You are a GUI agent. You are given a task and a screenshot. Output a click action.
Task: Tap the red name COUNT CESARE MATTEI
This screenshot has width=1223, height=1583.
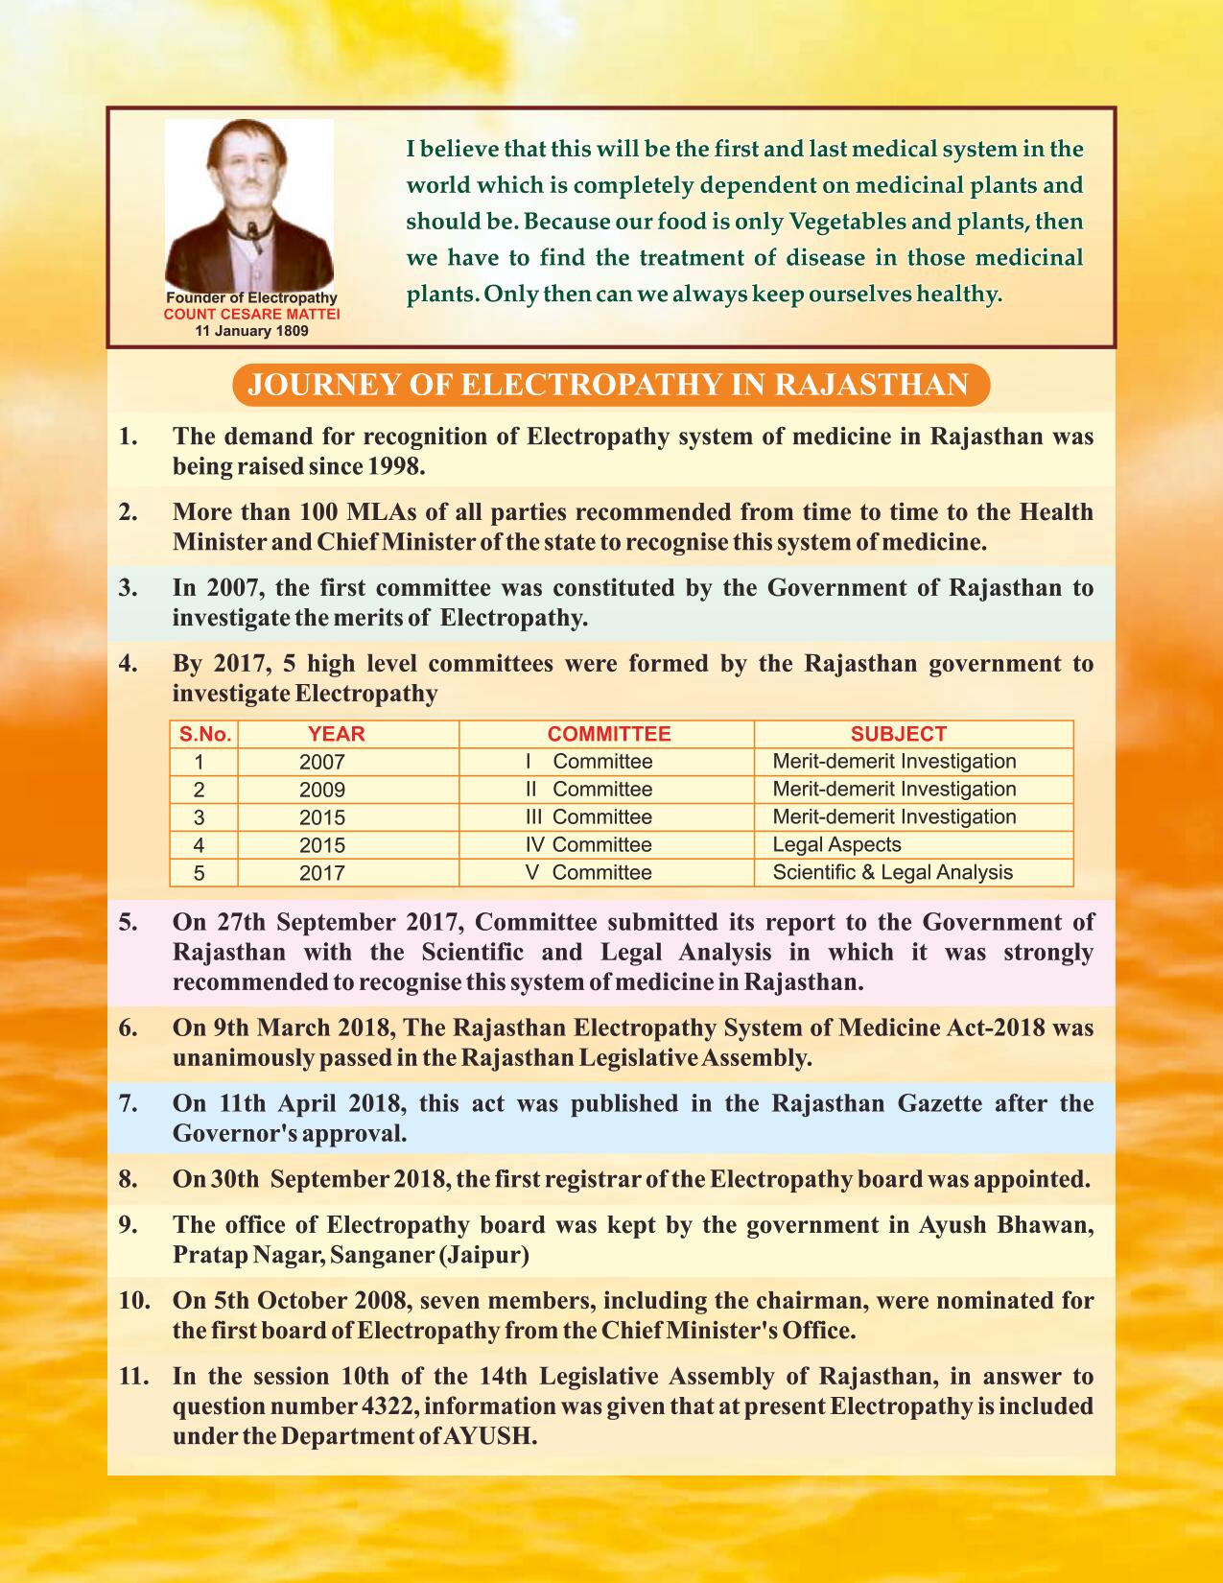click(252, 314)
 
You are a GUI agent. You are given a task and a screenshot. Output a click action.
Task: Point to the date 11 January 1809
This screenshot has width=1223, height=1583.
click(251, 330)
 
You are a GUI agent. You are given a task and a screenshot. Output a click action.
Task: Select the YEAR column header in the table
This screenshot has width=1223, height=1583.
click(336, 735)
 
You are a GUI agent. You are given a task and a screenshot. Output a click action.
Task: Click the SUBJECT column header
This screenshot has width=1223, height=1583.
click(899, 735)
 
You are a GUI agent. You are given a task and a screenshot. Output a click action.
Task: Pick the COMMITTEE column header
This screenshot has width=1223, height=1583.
click(608, 735)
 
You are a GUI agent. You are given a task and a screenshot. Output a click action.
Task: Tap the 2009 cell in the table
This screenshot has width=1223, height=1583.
click(321, 791)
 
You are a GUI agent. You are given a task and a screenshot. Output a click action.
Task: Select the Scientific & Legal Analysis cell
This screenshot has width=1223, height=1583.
click(892, 873)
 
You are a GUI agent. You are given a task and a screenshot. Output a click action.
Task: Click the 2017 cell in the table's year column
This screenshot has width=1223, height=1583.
click(321, 874)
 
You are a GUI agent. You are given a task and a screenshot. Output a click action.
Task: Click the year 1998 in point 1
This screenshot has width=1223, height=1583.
click(392, 467)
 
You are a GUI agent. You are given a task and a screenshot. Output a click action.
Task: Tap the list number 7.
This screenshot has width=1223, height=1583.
click(129, 1103)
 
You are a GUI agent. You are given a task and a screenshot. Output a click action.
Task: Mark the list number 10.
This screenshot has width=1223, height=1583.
click(134, 1301)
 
